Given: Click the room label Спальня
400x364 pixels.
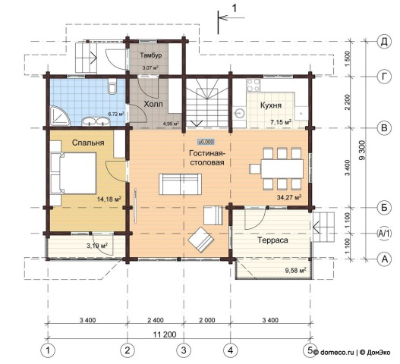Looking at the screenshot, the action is [x=88, y=143].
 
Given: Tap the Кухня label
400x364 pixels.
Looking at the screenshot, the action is [x=271, y=105].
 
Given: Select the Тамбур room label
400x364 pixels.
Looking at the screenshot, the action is [x=151, y=55].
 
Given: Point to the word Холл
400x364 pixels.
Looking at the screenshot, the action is [x=153, y=104].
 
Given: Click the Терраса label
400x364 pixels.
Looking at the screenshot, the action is [x=272, y=240].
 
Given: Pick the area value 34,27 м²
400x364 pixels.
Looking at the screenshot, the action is [x=289, y=196].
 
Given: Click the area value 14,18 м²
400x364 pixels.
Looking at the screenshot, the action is [x=109, y=199].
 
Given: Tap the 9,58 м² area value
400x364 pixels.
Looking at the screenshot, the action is [x=296, y=270].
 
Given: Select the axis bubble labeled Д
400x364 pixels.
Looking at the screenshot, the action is [x=384, y=42].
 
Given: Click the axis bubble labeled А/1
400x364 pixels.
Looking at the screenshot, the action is [x=384, y=234].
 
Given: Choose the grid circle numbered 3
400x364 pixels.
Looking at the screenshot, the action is [x=184, y=350].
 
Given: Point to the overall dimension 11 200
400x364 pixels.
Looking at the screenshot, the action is [x=165, y=334].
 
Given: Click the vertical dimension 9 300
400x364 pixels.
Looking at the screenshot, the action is [x=362, y=150].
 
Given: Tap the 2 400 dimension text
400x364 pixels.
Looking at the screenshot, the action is [x=156, y=320].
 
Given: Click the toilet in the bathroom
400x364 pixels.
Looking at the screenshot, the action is [x=112, y=86].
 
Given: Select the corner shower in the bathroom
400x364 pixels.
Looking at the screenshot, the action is [x=59, y=116].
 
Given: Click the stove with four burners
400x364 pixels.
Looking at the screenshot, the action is [x=254, y=85].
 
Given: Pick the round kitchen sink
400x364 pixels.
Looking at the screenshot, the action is [x=240, y=113].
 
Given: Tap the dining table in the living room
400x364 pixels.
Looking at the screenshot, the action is [x=282, y=168].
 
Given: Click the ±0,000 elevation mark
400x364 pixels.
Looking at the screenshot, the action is [x=206, y=142].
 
